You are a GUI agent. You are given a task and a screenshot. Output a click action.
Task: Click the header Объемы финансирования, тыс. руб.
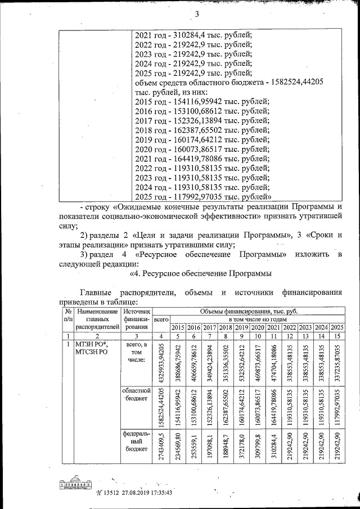(x=248, y=310)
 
